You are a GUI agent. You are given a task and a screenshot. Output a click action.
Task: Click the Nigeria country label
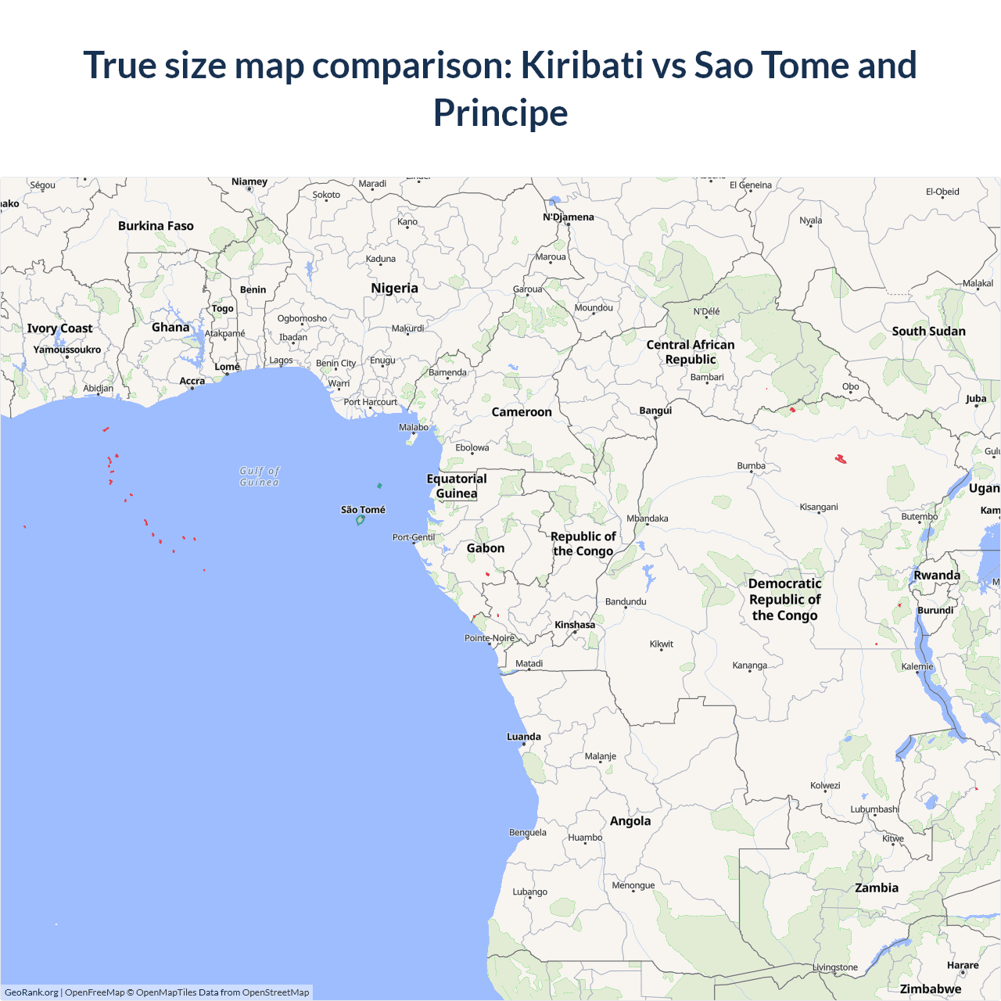[x=394, y=288]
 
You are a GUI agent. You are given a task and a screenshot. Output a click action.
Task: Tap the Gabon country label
[x=486, y=548]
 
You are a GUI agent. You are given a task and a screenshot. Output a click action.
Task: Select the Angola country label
[x=630, y=820]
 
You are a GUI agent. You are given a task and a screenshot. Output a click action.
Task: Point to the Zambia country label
[x=877, y=888]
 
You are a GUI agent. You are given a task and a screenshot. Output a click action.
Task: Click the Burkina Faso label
[x=156, y=226]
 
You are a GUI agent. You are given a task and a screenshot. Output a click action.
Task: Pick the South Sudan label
[x=928, y=331]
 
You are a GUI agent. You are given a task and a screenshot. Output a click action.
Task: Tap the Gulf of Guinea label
[x=260, y=476]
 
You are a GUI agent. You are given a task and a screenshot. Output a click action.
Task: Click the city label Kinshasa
[x=575, y=625]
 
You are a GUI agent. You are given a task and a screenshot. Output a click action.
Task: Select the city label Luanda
[x=524, y=737]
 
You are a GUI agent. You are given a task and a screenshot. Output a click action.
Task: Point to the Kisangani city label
[x=819, y=508]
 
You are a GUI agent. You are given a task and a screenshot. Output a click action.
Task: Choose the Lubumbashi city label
[x=874, y=809]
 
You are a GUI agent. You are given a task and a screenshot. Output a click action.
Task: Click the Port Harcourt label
[x=371, y=402]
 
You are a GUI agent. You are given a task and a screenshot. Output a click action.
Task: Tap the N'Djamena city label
[x=569, y=217]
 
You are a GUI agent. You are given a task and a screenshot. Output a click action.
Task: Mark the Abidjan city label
[x=99, y=388]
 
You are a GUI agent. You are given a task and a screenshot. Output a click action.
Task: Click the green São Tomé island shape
[x=360, y=520]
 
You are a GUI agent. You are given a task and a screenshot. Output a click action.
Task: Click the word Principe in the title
[x=500, y=113]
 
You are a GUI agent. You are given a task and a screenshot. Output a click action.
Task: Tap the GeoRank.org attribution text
[x=31, y=992]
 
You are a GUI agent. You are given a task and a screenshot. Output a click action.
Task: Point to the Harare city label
[x=963, y=965]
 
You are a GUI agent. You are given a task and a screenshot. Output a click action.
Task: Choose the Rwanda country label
[x=937, y=576]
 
